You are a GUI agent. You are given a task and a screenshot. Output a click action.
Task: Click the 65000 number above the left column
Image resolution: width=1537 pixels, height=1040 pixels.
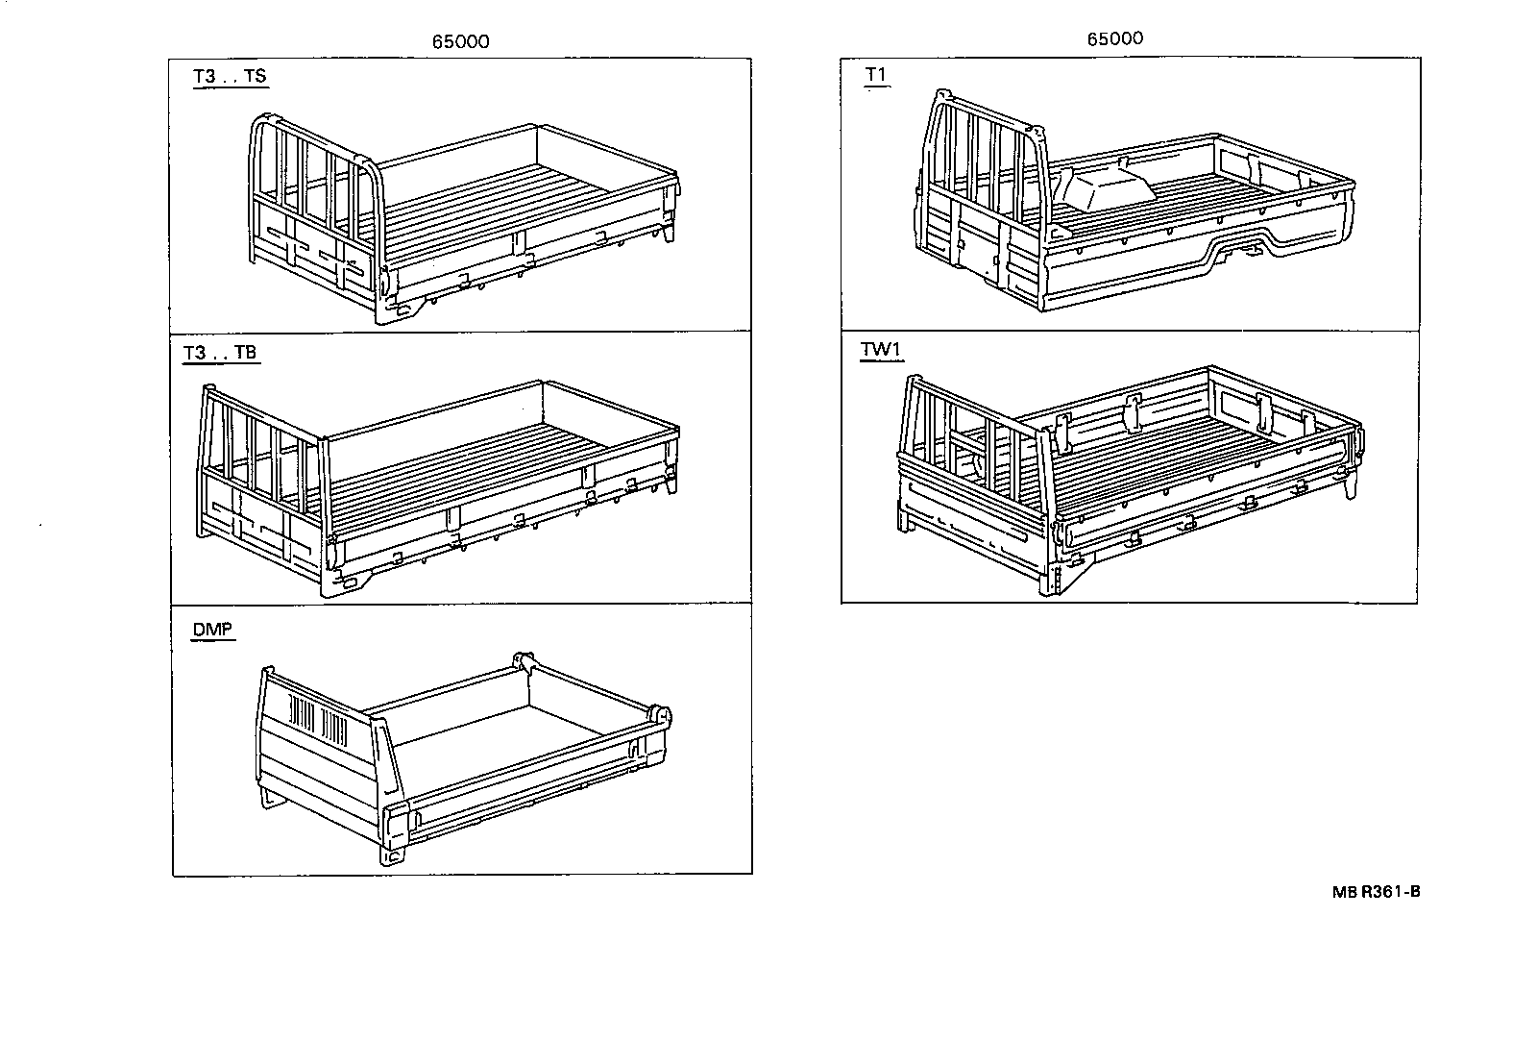point(460,41)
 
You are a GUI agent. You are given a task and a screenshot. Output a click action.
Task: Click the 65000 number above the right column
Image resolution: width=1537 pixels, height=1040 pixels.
point(1115,38)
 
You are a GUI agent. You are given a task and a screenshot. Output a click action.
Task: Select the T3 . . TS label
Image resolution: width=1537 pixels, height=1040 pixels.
point(230,77)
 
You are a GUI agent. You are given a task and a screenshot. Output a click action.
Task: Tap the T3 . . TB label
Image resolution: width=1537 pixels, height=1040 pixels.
point(221,353)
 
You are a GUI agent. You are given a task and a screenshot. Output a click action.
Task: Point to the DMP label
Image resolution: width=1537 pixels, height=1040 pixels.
point(212,630)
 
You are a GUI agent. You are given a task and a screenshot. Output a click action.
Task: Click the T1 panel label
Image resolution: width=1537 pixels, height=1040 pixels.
point(876,76)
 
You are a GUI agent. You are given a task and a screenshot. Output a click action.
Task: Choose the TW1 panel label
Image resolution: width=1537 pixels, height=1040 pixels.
point(880,350)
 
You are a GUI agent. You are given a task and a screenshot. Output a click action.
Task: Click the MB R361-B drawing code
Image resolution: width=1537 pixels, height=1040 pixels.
point(1376,892)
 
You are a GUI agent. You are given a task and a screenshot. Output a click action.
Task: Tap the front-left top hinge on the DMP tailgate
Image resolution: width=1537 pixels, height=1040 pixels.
point(524,661)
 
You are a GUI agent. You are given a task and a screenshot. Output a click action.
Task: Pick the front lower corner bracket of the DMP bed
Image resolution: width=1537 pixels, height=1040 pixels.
point(395,850)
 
